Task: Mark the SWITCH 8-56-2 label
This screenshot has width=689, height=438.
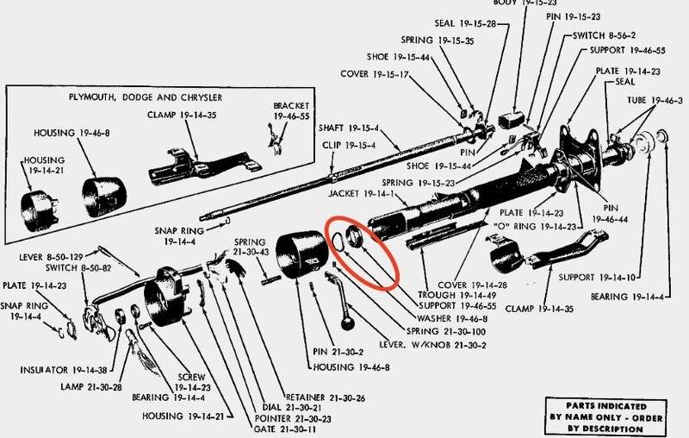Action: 605,36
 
